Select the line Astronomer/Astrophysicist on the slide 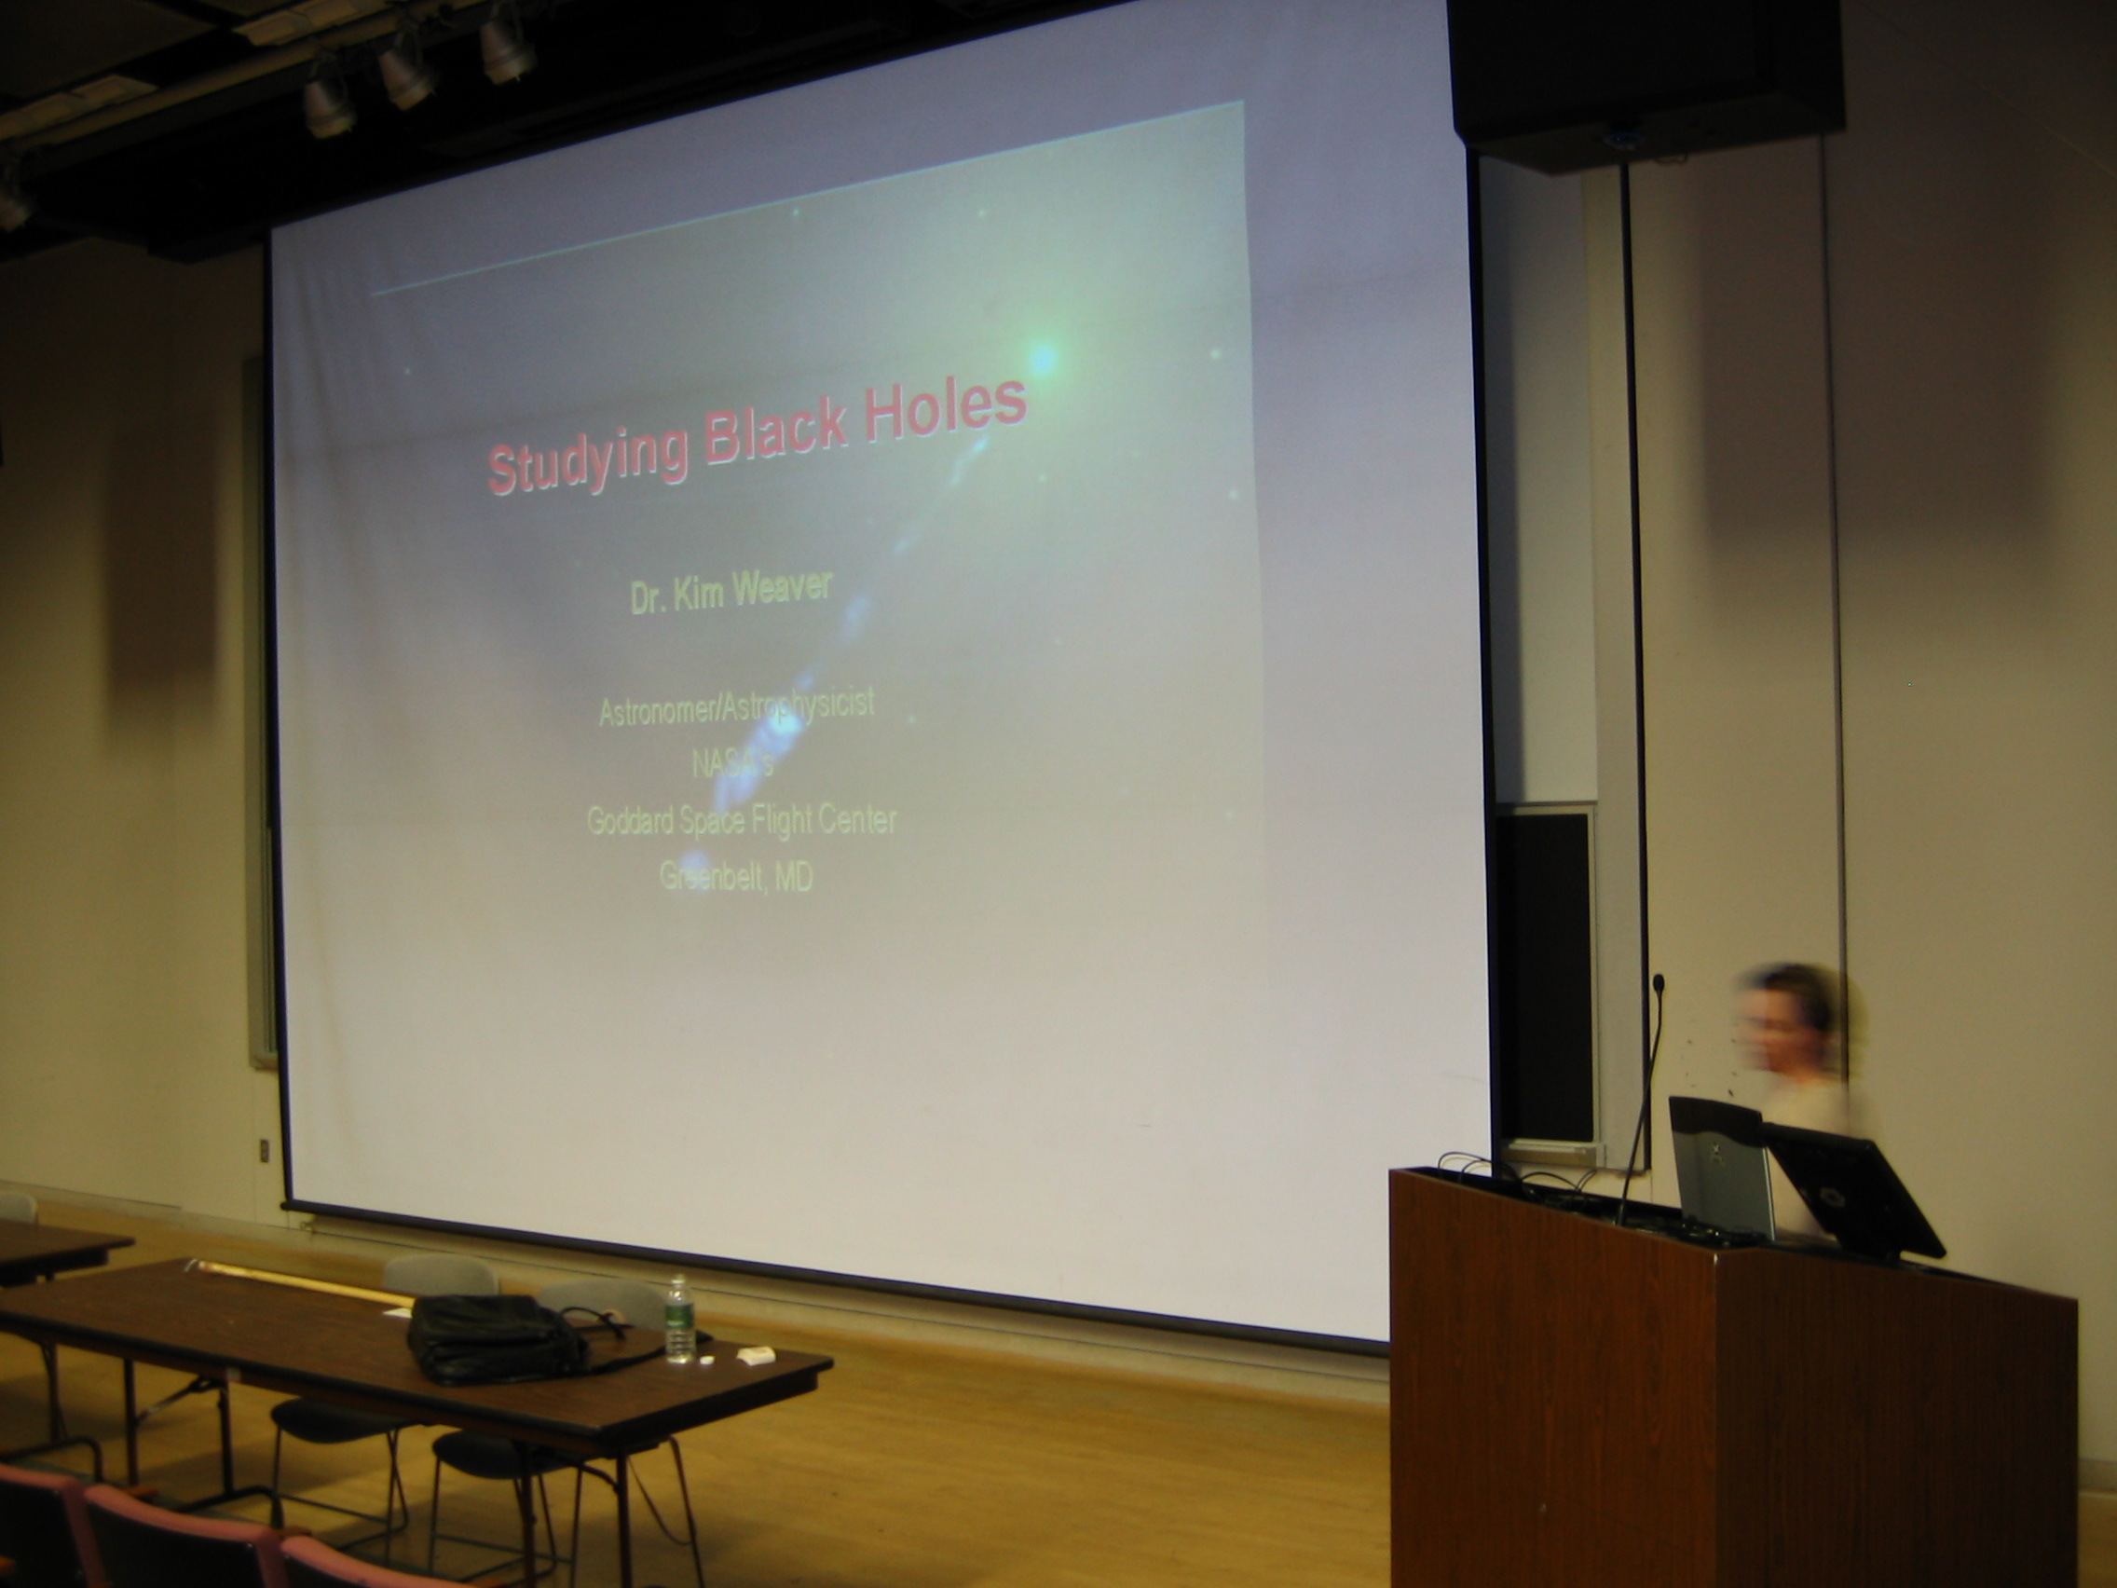(736, 708)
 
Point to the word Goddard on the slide (631, 820)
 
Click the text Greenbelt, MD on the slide (736, 877)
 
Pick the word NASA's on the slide (732, 765)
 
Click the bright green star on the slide (1044, 359)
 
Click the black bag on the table (498, 1338)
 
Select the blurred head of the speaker (1786, 1016)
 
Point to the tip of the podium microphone (1659, 981)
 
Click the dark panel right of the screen (1545, 975)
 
